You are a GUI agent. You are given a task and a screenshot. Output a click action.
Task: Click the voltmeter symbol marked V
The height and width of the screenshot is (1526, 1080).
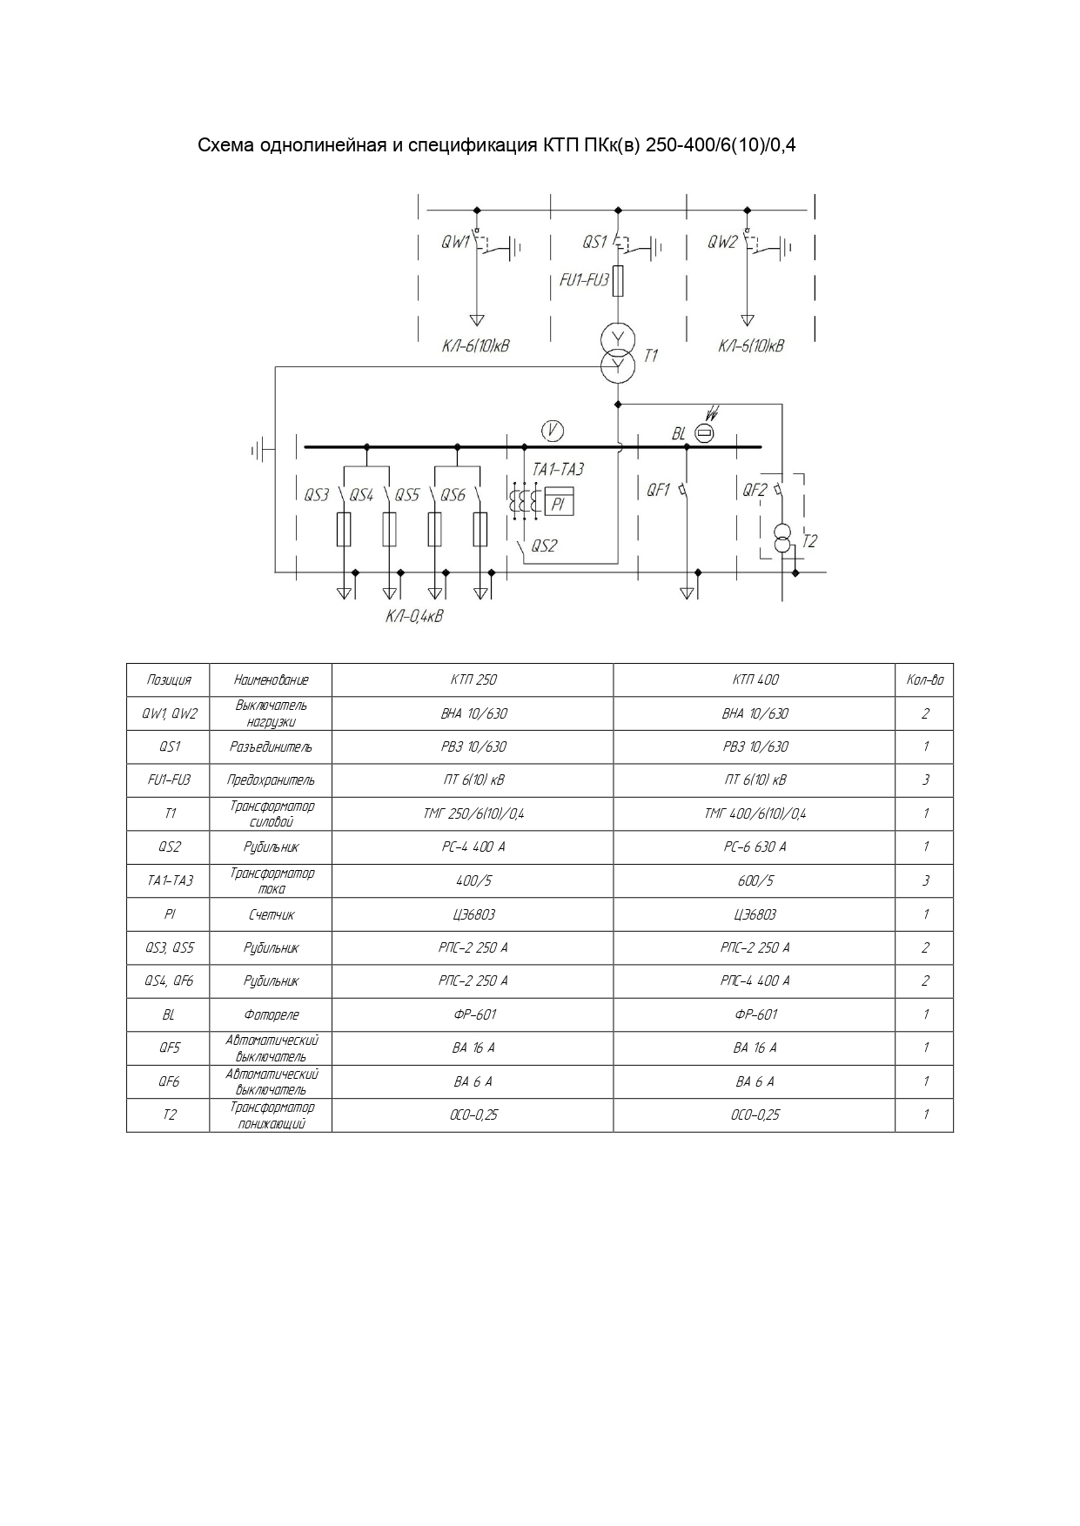click(x=552, y=429)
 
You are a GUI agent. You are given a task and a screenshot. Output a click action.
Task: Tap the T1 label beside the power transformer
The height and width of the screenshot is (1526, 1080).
click(x=651, y=355)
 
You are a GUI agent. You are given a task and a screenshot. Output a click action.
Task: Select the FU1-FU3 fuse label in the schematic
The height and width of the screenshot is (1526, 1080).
click(x=584, y=280)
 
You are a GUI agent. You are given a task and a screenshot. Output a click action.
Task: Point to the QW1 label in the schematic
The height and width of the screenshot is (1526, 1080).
click(x=455, y=242)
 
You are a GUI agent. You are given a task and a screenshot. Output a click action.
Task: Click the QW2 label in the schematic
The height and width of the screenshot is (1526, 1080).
click(x=722, y=242)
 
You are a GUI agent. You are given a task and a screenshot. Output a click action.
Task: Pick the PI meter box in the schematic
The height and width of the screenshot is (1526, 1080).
click(x=558, y=503)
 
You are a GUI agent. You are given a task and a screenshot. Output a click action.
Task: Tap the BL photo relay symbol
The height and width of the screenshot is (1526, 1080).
click(x=705, y=433)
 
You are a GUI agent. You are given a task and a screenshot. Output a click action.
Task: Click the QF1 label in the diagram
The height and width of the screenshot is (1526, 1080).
click(x=658, y=491)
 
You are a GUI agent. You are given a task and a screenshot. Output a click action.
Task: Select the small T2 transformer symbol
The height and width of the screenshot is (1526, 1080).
click(x=782, y=539)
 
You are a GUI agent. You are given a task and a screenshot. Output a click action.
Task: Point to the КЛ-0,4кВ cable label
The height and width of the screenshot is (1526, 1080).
click(x=414, y=617)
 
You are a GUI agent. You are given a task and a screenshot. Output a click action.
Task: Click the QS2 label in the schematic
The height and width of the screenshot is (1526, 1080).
click(x=544, y=546)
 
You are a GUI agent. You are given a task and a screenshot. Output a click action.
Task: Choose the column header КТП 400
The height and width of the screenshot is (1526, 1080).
click(x=755, y=679)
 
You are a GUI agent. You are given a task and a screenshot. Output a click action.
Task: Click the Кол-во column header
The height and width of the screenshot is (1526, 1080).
click(x=924, y=679)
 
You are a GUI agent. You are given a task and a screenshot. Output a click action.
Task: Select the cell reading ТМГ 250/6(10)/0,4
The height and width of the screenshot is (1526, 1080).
click(x=473, y=813)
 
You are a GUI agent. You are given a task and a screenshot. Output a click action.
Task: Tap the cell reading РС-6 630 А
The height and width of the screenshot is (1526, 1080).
click(x=755, y=847)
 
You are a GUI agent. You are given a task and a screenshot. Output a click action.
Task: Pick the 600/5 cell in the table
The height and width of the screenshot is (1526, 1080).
click(x=755, y=880)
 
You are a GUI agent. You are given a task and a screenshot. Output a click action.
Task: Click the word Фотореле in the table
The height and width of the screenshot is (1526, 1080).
click(x=271, y=1014)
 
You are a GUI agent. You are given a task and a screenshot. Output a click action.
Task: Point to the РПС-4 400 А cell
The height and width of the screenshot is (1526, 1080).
click(x=755, y=981)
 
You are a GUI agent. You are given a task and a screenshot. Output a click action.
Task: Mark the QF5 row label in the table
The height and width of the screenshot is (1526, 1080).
click(x=169, y=1047)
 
